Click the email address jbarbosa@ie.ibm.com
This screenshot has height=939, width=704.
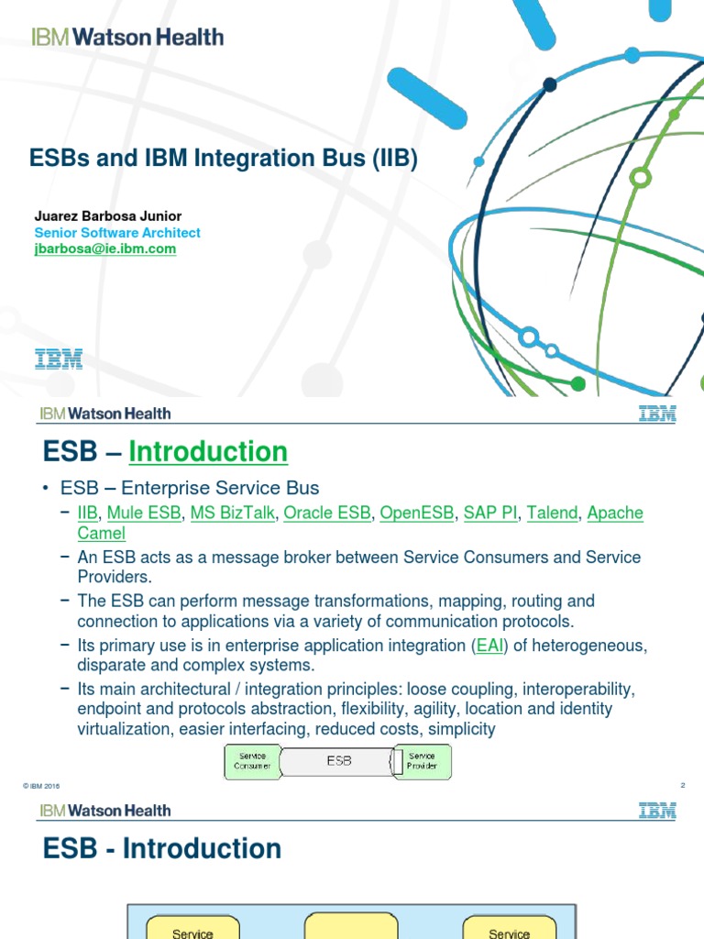[x=104, y=249]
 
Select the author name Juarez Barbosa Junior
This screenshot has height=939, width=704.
[x=107, y=216]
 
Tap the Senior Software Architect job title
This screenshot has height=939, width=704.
[x=116, y=233]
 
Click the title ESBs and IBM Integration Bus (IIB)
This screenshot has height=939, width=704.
[x=224, y=159]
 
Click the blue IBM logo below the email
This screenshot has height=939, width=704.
[x=59, y=359]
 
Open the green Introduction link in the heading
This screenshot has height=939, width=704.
[x=208, y=452]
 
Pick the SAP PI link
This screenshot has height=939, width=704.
[x=490, y=513]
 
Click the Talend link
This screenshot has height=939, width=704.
[x=552, y=513]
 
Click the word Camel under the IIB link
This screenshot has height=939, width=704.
[x=101, y=533]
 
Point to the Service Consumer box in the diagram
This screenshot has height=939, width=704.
[x=252, y=761]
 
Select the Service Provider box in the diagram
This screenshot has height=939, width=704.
[x=423, y=761]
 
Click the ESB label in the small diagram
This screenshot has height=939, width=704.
[x=338, y=761]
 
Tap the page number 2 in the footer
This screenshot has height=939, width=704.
[x=683, y=785]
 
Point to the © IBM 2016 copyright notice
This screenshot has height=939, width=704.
[x=41, y=786]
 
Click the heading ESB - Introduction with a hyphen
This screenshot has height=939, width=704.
[x=162, y=849]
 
